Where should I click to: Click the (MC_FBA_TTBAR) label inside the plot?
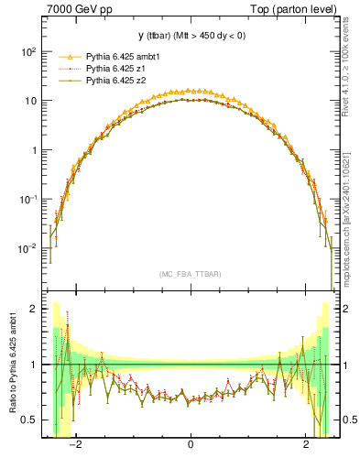(x=191, y=275)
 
